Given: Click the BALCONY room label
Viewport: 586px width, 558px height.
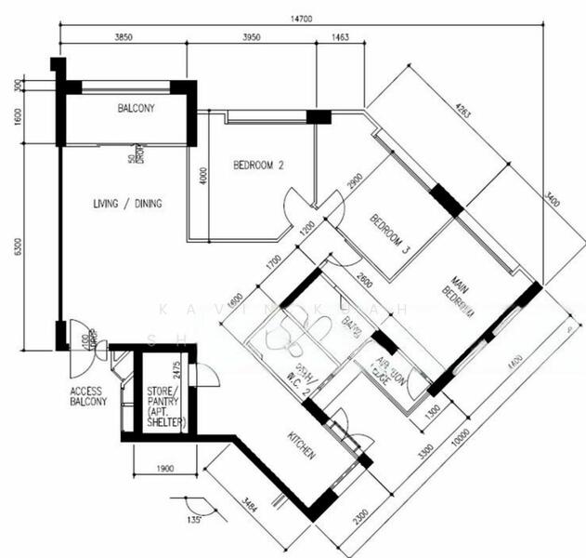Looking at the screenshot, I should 136,109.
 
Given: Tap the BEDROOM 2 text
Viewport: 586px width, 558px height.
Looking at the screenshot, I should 257,166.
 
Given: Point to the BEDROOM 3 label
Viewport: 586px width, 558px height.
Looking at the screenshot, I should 390,233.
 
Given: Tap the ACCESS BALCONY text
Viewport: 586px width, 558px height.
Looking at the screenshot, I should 88,396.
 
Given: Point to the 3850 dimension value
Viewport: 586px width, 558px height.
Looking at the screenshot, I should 124,37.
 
